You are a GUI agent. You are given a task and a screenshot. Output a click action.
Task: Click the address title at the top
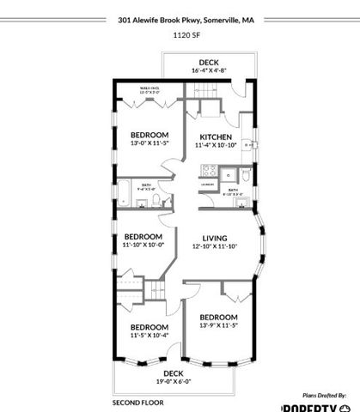pos(180,16)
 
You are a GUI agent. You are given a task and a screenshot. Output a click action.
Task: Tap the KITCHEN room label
pos(216,137)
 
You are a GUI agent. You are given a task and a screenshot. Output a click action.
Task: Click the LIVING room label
pos(214,238)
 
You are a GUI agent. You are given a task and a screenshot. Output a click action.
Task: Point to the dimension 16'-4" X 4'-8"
pos(209,71)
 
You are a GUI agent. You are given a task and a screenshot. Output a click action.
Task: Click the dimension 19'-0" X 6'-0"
pos(174,381)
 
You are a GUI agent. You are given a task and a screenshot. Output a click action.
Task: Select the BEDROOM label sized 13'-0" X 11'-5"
pos(149,135)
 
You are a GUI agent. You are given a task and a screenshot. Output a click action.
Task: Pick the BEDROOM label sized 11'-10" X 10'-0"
pos(143,236)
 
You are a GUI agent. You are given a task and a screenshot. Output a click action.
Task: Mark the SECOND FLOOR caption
pos(137,401)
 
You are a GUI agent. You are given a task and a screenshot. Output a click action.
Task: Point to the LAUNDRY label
pos(207,184)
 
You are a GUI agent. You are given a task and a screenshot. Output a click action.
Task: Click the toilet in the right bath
pos(246,178)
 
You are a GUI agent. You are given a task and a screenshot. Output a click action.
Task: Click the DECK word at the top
pos(209,62)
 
